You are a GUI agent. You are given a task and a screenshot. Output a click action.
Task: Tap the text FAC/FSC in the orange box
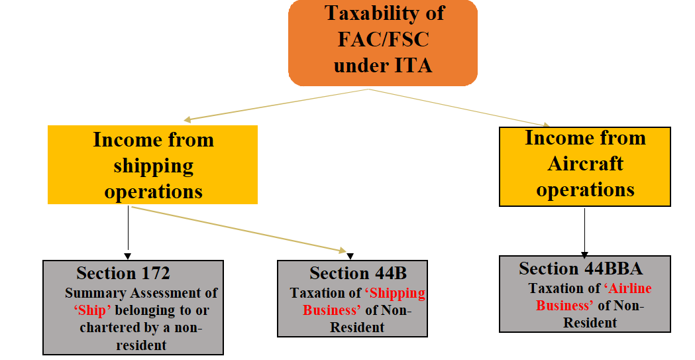pos(383,39)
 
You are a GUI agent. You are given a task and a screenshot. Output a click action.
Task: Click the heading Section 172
pos(123,272)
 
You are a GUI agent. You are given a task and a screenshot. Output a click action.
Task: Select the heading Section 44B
pos(358,272)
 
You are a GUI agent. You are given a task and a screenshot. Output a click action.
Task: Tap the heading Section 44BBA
pos(580,268)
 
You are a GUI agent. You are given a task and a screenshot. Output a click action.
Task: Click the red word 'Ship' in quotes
pos(90,310)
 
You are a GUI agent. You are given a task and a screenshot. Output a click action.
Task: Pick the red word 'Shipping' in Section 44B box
pos(397,293)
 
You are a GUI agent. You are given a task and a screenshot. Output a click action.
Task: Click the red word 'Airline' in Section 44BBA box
pos(627,288)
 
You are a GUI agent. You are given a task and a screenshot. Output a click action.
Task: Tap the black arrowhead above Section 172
pos(128,255)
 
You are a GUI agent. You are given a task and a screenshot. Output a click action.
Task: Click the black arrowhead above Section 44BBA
pos(585,253)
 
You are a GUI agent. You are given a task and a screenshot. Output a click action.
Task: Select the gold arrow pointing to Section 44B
pos(239,229)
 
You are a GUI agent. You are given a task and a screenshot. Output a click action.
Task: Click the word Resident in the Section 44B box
pos(357,328)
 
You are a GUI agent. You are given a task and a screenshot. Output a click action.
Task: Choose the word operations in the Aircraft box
pos(585,190)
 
